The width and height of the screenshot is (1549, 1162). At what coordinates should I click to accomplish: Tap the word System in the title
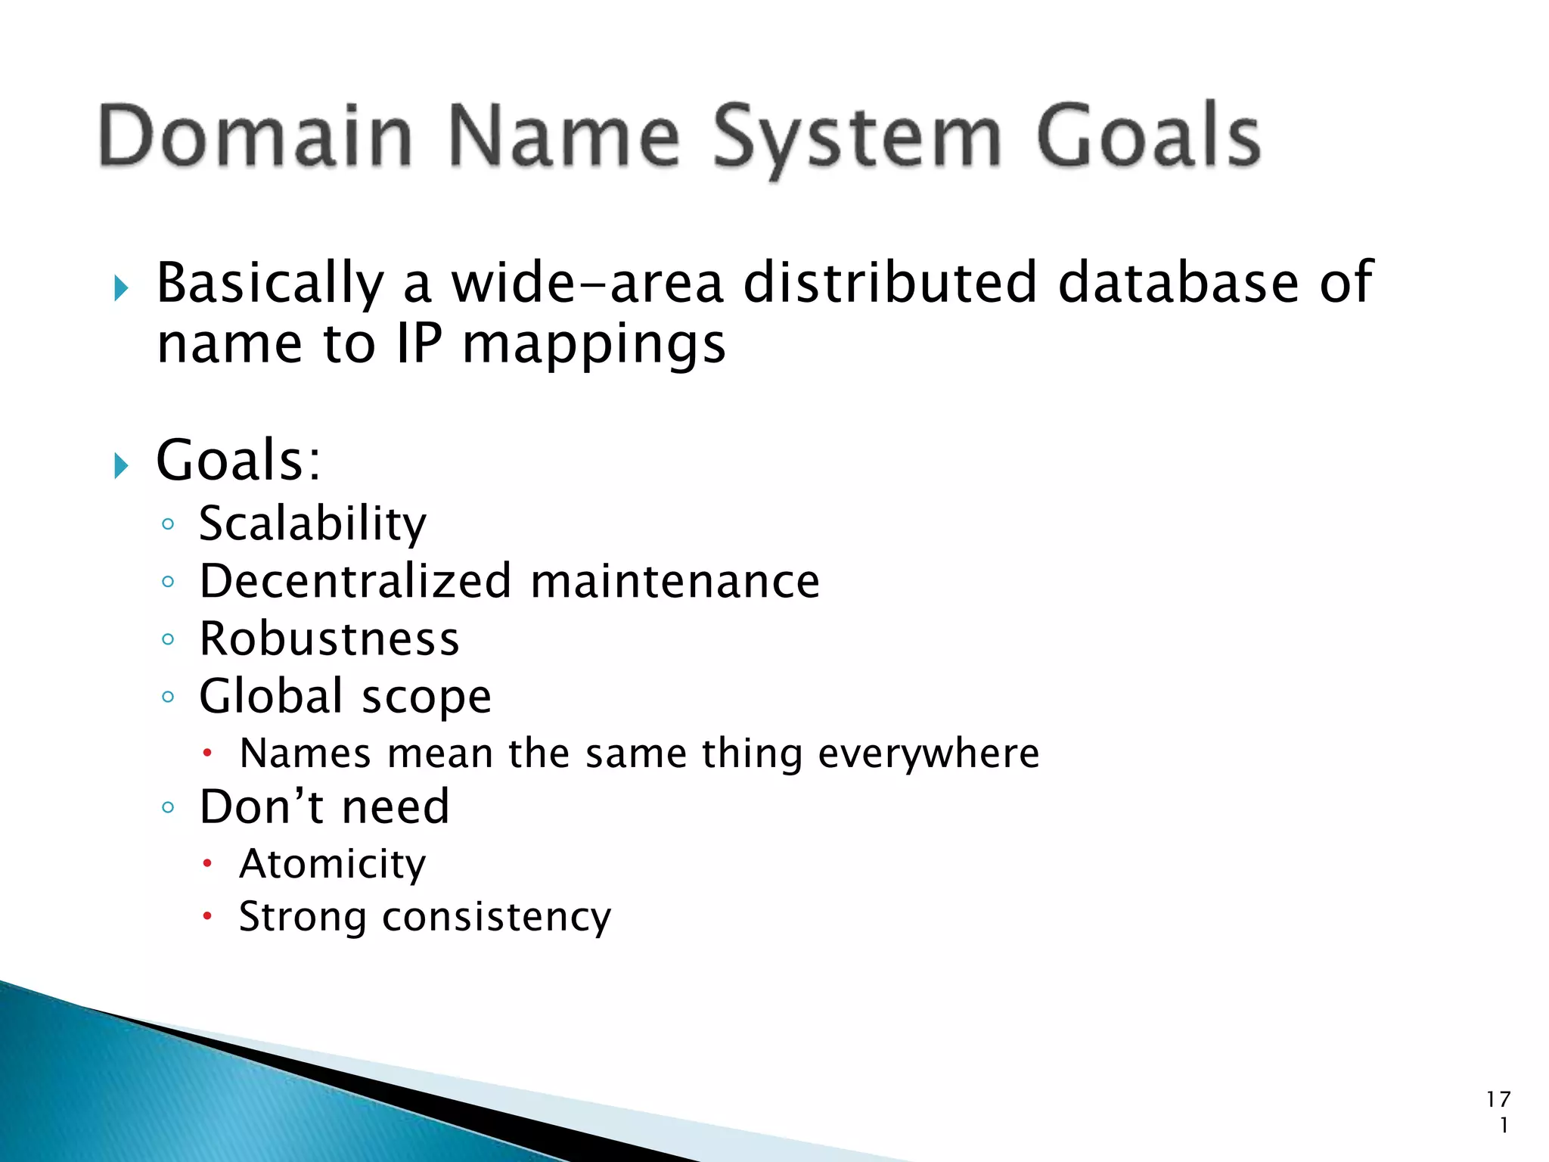coord(858,138)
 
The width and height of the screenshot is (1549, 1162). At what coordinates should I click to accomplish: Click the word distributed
coord(889,282)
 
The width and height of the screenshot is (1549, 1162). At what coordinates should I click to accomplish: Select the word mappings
coord(594,346)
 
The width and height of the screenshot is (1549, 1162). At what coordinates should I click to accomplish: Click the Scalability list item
coord(312,524)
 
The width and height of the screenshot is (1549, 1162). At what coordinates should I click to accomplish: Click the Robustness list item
coord(329,638)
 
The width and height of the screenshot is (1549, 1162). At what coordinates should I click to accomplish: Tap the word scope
coord(427,697)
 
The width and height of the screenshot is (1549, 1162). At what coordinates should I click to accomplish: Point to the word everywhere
coord(929,753)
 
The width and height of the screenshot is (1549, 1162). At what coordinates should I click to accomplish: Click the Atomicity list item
coord(333,864)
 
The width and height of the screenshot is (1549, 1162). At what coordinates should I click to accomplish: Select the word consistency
coord(496,918)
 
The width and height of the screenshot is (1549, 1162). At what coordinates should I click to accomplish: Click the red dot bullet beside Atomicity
coord(207,863)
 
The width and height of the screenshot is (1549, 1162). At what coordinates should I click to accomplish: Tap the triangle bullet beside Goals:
coord(121,464)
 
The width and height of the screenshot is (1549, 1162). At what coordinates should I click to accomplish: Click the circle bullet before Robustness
coord(168,638)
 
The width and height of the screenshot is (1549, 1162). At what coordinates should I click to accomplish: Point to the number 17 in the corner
coord(1498,1099)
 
